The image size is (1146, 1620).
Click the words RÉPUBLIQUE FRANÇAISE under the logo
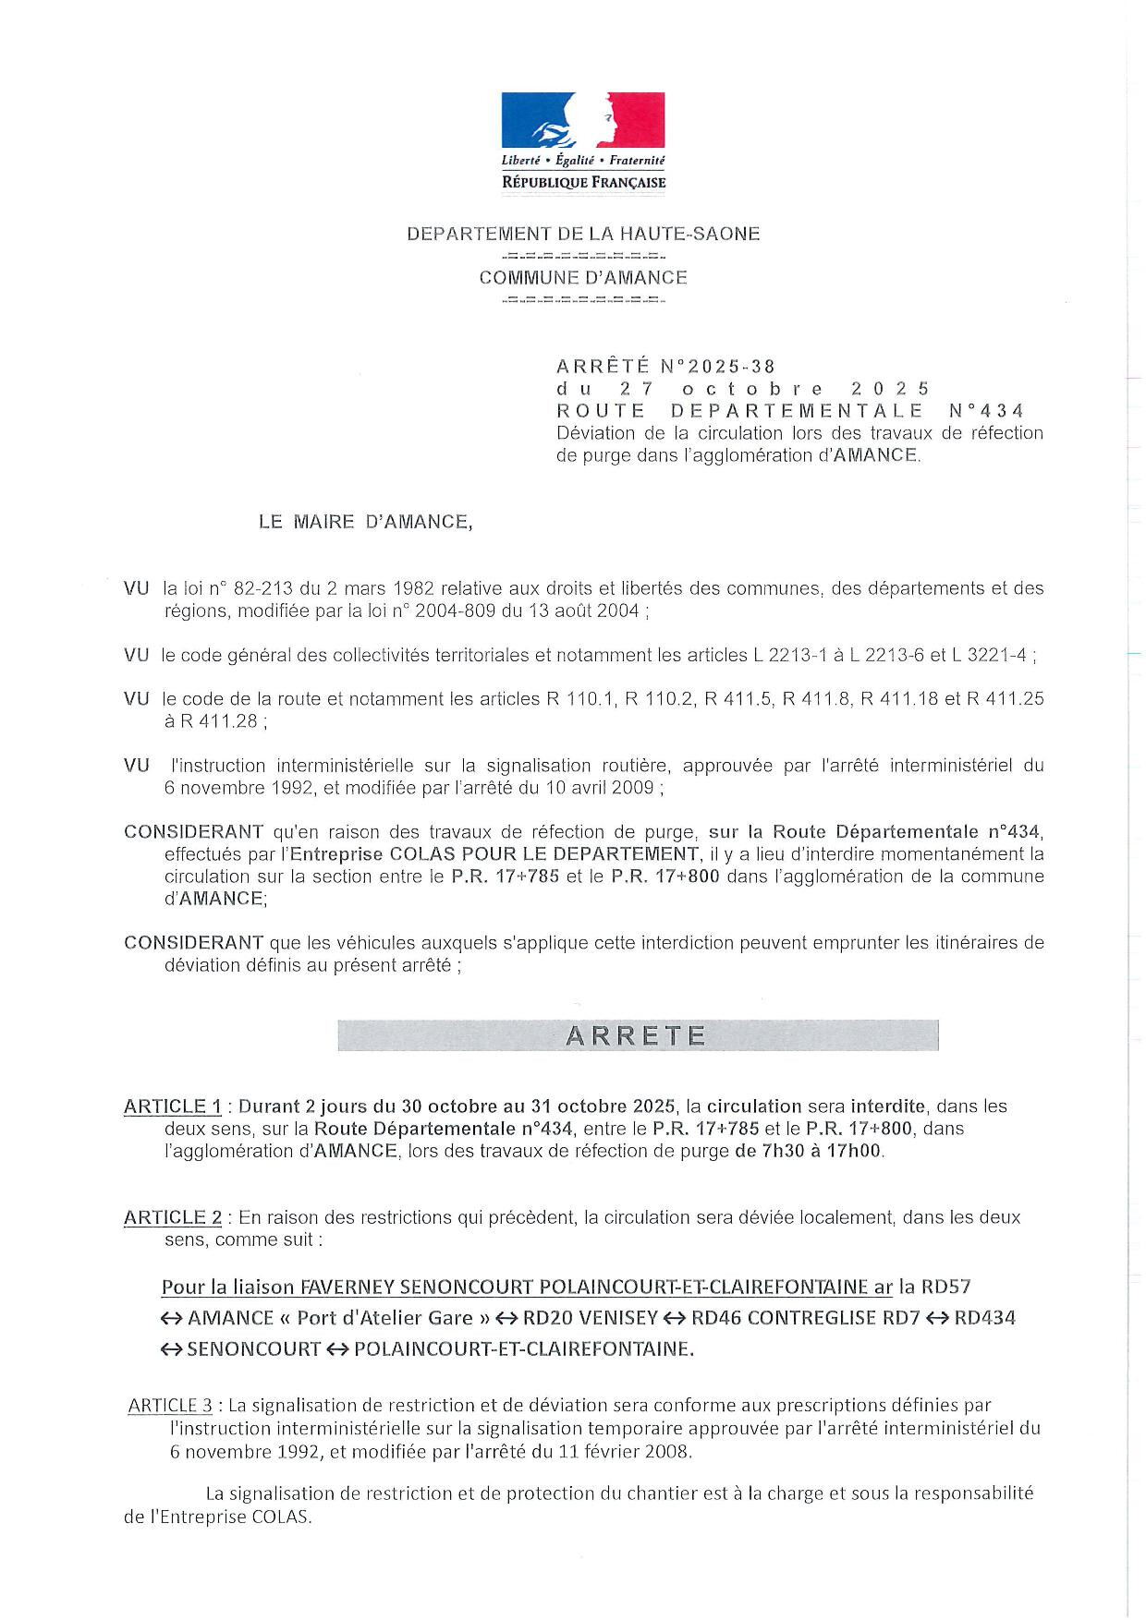pos(583,183)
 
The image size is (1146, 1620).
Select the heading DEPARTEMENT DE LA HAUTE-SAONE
pos(583,234)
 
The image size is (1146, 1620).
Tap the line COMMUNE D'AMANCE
pos(583,277)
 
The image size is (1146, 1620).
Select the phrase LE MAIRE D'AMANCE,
pos(365,522)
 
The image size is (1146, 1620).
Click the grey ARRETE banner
pos(637,1035)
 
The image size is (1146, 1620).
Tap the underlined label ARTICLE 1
pos(173,1106)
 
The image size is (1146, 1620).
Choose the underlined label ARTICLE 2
pos(173,1217)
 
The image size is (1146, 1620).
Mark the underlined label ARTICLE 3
pos(170,1406)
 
